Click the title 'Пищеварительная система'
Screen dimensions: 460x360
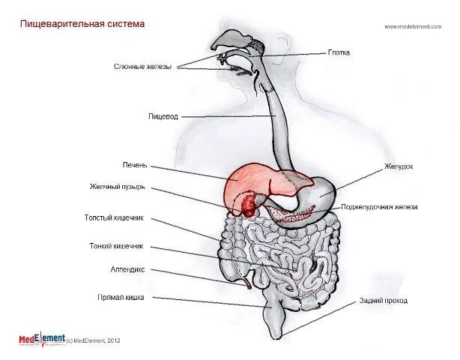82,24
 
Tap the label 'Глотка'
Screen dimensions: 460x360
339,53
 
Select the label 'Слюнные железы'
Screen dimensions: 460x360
142,67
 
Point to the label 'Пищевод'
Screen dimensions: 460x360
162,116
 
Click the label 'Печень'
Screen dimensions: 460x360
136,165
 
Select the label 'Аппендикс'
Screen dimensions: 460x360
127,268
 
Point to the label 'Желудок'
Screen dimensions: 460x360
399,166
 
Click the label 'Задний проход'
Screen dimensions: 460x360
383,300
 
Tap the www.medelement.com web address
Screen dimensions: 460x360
413,27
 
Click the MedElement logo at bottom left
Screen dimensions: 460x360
42,339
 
